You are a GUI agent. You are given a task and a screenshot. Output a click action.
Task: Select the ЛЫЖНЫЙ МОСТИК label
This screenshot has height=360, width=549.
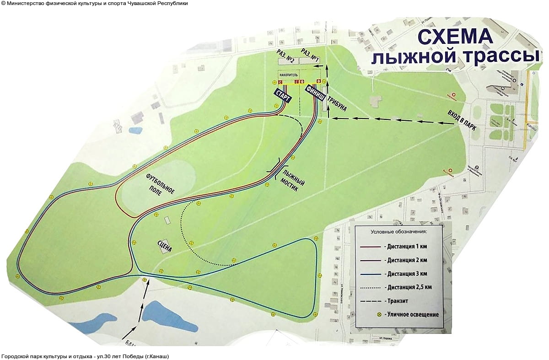(x=294, y=180)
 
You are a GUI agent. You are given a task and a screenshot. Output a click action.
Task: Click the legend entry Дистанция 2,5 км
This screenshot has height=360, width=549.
(x=409, y=287)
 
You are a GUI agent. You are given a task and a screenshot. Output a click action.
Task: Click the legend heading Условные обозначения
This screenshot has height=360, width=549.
(x=398, y=232)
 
